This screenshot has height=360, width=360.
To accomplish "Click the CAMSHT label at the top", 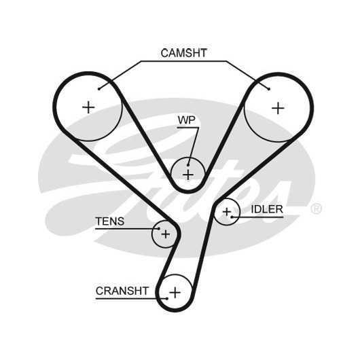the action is click(183, 53).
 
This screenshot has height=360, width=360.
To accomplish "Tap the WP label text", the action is click(186, 120).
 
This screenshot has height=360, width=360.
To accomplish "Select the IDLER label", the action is click(267, 209).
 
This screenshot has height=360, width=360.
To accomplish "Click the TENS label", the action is click(110, 221).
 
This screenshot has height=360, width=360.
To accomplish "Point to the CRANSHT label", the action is click(122, 291).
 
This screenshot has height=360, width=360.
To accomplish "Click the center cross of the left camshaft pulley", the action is click(88, 107).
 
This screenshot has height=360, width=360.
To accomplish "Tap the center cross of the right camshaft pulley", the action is click(278, 108).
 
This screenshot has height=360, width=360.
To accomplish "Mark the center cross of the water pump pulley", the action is click(188, 175).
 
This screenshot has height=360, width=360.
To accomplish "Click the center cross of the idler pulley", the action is click(227, 212).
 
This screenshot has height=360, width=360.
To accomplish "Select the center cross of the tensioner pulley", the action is click(165, 234).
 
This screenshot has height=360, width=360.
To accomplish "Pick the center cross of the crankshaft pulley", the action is click(175, 293).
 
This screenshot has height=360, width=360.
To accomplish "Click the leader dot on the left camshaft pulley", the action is click(99, 89).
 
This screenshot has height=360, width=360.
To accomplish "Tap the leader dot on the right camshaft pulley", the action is click(269, 89).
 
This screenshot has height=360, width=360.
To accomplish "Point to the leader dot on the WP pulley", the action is click(188, 165).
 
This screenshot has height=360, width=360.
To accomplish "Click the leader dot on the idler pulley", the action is click(232, 217).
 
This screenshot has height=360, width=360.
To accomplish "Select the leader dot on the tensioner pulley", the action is click(159, 229).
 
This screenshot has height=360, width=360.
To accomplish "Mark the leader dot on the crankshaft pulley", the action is click(167, 298).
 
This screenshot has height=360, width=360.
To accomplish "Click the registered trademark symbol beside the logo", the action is click(316, 209).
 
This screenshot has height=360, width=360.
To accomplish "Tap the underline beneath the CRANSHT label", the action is click(131, 298).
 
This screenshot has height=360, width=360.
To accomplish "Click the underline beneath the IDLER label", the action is click(257, 217).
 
